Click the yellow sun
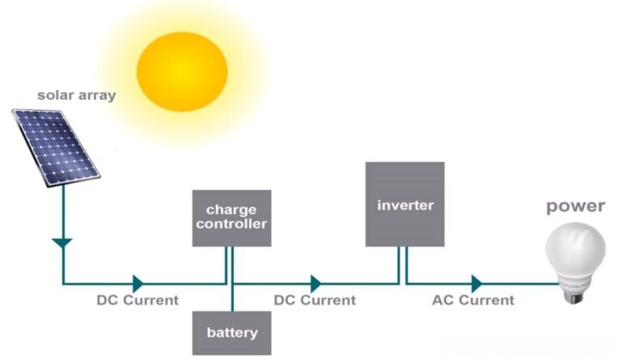pos(183,70)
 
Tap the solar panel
pos(55,146)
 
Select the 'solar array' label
pos(76,95)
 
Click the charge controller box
pos(231,218)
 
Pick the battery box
pos(232,332)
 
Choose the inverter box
pos(404,204)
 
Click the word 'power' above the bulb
pos(575,206)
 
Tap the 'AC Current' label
pos(473,300)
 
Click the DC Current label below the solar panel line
pos(137,300)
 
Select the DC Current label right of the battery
pos(315,300)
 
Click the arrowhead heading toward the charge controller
pos(138,283)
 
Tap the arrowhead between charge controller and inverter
pos(315,283)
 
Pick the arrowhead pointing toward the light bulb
pos(476,283)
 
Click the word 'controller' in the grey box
pos(231,224)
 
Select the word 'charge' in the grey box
pos(231,210)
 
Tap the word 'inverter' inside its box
pos(405,205)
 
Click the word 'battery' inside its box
pos(232,332)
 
